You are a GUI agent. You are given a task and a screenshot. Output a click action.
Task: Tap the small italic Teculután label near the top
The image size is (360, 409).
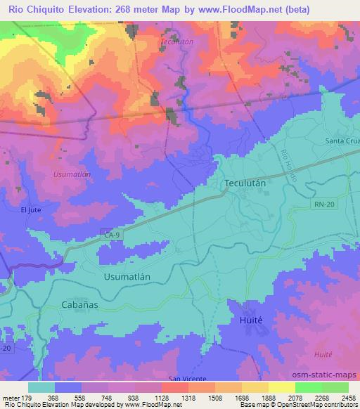176,42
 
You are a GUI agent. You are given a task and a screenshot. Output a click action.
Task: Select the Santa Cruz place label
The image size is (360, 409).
342,141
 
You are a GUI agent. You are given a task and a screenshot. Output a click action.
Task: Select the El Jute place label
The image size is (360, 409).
32,209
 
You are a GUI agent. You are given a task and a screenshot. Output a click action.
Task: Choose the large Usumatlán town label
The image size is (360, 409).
127,277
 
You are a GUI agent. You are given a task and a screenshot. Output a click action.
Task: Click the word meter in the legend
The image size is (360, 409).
12,398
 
